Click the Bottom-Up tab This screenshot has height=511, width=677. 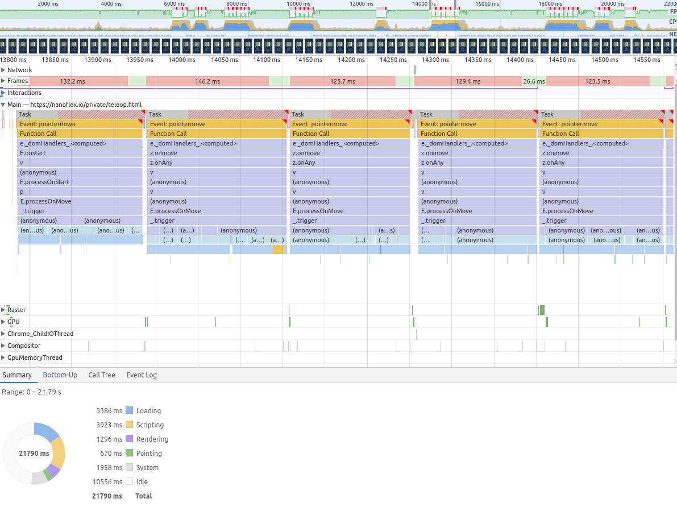[60, 375]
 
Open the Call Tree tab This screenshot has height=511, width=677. [102, 375]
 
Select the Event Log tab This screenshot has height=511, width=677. [142, 375]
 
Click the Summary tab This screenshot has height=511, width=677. [17, 375]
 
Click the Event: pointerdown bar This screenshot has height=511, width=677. [79, 124]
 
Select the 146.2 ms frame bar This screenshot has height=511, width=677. [207, 81]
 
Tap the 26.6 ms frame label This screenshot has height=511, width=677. [534, 81]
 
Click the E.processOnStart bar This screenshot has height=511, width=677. [79, 182]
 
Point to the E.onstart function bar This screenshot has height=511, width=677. [79, 153]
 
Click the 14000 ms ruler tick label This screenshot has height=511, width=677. [181, 60]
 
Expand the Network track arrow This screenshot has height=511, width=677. [3, 70]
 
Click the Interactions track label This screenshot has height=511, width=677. [24, 93]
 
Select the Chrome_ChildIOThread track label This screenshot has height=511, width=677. [40, 334]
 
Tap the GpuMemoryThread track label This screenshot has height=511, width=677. [35, 358]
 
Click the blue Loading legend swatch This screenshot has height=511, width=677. [129, 410]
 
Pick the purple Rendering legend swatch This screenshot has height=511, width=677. [129, 439]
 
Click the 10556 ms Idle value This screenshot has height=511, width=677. [107, 481]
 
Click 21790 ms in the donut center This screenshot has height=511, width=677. [34, 454]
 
